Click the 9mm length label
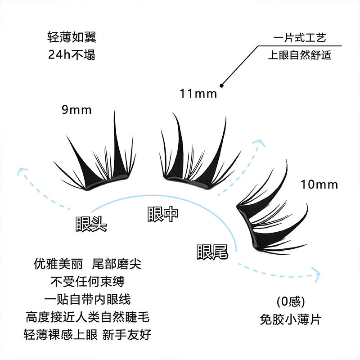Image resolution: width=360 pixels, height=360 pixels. [77, 110]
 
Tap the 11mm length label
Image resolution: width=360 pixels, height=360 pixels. [198, 94]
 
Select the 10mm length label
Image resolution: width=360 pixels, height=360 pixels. [319, 185]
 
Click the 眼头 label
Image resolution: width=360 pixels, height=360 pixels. [91, 224]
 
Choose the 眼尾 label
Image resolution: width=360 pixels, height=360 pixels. [212, 252]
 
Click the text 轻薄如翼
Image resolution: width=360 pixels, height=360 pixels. [72, 37]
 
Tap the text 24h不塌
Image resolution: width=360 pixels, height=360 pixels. [72, 55]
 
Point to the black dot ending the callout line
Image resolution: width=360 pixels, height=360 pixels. [221, 85]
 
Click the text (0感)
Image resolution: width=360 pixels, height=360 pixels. [291, 301]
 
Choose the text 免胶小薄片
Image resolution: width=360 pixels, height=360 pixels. [291, 319]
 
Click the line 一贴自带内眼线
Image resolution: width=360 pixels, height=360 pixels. [87, 299]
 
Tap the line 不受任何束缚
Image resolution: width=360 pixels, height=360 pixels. [87, 281]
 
